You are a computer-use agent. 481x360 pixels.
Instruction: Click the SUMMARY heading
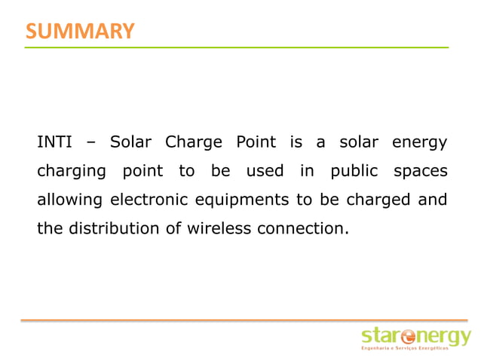80,31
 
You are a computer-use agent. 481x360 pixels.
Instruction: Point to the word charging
72,172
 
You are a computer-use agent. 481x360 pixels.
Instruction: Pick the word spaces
420,172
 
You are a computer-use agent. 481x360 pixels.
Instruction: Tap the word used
265,172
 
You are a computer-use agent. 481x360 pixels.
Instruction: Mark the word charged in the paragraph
383,200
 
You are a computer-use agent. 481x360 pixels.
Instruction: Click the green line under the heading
237,47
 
